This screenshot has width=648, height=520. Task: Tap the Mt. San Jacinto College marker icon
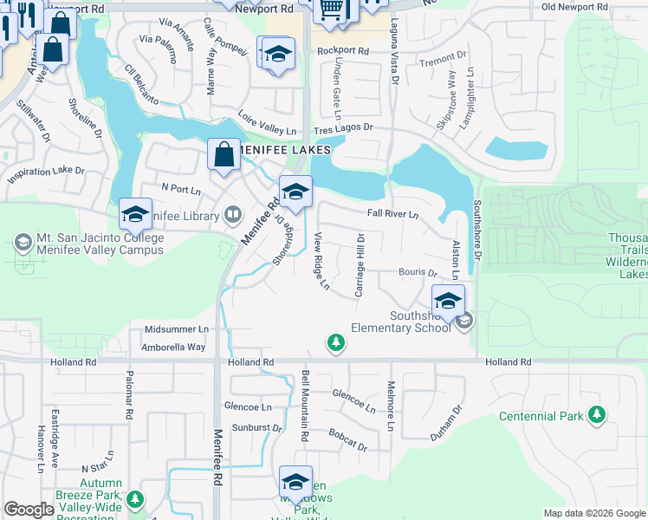click(23, 239)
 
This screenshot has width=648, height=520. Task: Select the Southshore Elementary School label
click(401, 322)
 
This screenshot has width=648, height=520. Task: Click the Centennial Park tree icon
click(596, 416)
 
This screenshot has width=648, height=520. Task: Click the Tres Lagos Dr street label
click(343, 127)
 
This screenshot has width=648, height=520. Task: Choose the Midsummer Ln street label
click(177, 329)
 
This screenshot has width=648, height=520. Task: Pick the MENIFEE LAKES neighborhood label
click(285, 150)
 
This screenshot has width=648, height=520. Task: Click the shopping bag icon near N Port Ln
click(224, 156)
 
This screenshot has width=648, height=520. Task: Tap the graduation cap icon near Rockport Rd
click(278, 55)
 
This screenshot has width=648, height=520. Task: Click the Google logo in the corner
click(29, 510)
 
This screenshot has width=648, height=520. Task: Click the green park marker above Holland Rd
click(336, 344)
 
